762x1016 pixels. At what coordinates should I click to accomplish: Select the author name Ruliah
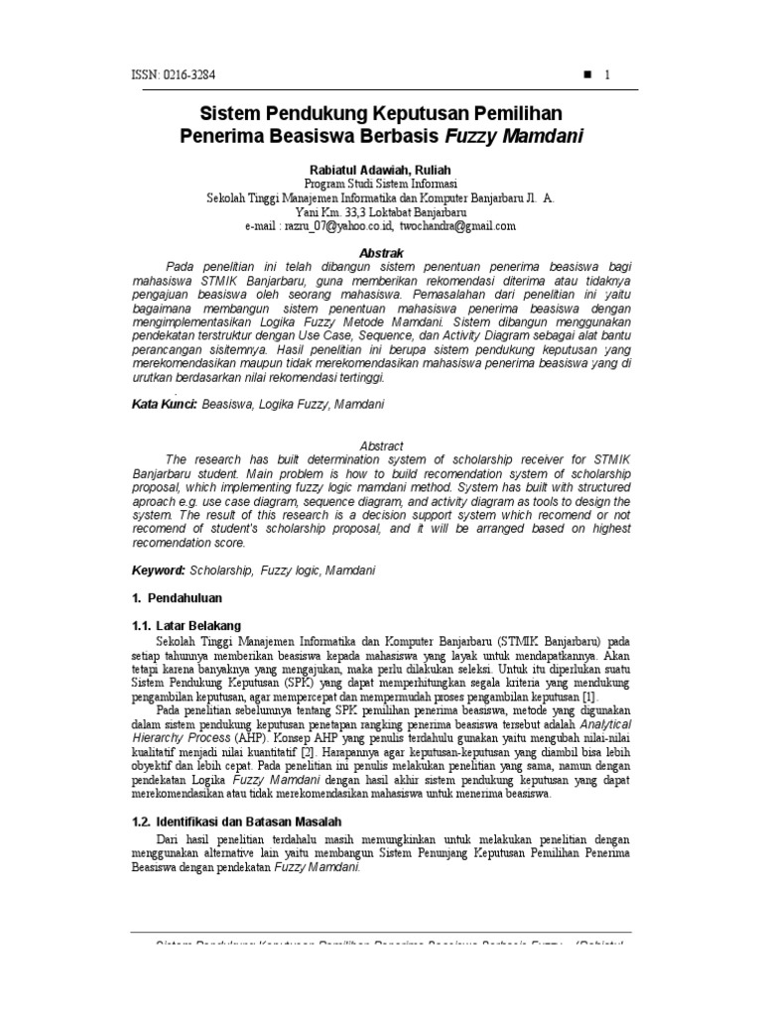coord(428,171)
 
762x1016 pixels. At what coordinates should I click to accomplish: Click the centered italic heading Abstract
coord(381,446)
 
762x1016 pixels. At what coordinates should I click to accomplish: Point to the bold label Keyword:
coord(159,571)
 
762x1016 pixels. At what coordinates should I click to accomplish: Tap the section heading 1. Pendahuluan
coord(178,598)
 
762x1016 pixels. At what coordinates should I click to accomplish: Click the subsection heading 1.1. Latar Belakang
coord(187,625)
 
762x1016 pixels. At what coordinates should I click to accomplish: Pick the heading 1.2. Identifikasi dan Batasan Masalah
coord(237,823)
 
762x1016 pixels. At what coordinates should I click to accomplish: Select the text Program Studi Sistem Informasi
coord(381,185)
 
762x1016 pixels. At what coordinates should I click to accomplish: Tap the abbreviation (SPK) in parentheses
coord(285,683)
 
